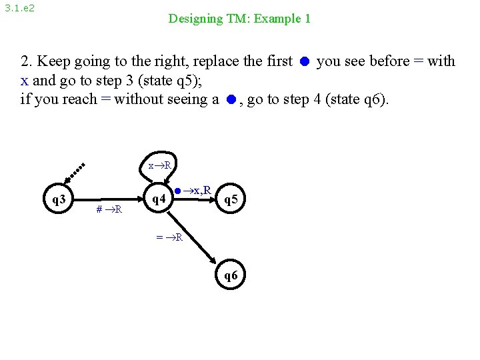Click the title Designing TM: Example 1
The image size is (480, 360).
239,19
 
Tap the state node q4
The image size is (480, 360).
159,198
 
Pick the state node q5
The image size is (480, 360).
232,199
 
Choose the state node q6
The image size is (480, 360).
231,275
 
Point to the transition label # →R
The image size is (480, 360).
109,210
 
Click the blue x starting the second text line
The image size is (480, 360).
24,81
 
